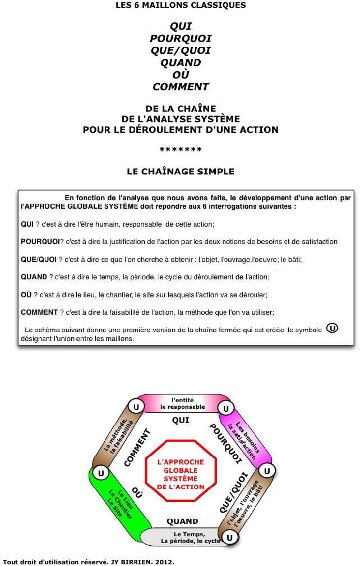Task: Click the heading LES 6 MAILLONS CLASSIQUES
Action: pos(181,5)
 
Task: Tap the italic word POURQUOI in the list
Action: pos(181,38)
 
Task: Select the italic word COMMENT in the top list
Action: pos(181,87)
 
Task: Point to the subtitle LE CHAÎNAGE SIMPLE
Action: pos(181,172)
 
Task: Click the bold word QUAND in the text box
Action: pos(33,277)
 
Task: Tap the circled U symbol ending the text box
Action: pos(332,328)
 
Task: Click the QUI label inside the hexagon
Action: pos(181,420)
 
